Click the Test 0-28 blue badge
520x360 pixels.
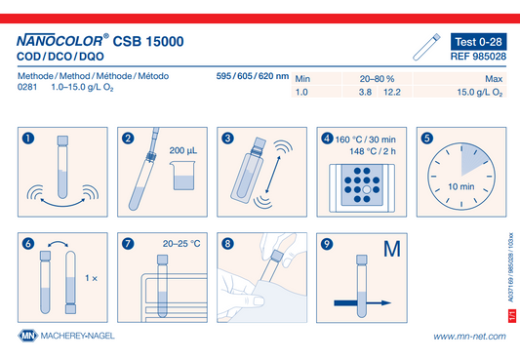click(x=478, y=42)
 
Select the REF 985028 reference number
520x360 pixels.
click(x=478, y=57)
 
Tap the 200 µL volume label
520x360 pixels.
click(x=183, y=150)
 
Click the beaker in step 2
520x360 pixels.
click(x=182, y=176)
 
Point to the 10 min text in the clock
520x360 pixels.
click(x=460, y=186)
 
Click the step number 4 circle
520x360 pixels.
click(x=327, y=139)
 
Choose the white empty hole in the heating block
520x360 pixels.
click(x=367, y=189)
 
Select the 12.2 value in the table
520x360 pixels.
click(x=392, y=92)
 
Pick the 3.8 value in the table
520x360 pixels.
click(x=365, y=92)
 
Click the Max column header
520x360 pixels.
click(x=494, y=79)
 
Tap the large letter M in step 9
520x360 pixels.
click(x=392, y=249)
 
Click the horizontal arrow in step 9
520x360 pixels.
click(x=363, y=303)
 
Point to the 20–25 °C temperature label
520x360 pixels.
click(x=181, y=244)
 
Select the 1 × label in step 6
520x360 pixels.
click(x=91, y=278)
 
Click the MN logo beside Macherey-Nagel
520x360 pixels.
click(x=28, y=336)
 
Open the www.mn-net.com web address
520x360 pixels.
click(x=469, y=337)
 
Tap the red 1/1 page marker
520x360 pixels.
click(x=512, y=315)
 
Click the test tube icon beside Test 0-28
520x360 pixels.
click(x=426, y=47)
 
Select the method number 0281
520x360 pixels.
click(x=27, y=87)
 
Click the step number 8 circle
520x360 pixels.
click(x=227, y=244)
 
